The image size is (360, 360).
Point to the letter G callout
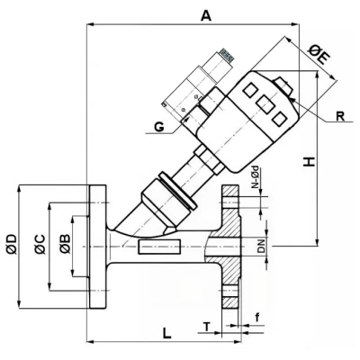157,128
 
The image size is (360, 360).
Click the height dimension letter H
309,162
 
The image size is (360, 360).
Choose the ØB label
64,242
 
